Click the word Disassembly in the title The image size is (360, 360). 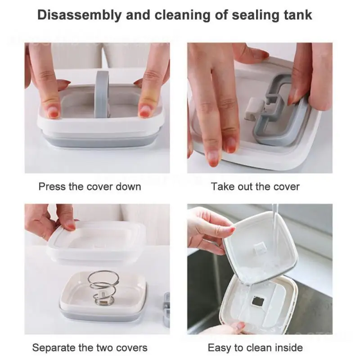80,15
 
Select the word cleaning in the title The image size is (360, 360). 182,15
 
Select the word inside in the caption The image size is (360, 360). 288,347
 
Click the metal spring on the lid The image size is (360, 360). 104,288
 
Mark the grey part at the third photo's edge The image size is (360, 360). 166,310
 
